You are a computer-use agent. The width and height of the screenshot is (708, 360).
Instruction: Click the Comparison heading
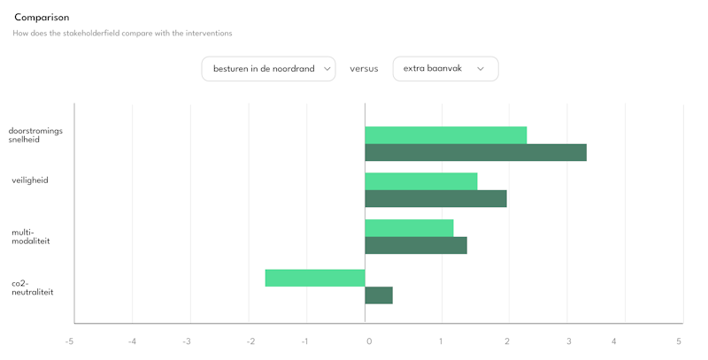click(x=42, y=18)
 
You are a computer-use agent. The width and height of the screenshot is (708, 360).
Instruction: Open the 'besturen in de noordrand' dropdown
click(x=268, y=69)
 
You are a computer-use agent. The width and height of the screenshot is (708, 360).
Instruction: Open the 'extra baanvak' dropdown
click(x=445, y=69)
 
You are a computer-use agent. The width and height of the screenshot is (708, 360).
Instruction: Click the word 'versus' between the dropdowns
click(x=364, y=69)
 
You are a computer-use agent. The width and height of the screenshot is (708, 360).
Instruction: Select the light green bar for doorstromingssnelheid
click(x=445, y=135)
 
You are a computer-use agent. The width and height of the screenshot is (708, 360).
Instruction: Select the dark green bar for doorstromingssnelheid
click(x=475, y=152)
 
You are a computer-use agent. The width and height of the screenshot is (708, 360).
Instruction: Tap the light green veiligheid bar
click(x=420, y=181)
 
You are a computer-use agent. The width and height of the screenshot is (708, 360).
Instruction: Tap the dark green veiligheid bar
click(x=435, y=198)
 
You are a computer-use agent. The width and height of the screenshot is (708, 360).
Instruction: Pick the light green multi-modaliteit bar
click(x=409, y=228)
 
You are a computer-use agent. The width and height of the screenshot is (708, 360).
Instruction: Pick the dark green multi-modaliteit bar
click(x=415, y=245)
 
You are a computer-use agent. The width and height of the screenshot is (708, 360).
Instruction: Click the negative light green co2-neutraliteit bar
click(x=315, y=278)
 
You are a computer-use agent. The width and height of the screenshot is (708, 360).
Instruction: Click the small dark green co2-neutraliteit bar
click(x=379, y=295)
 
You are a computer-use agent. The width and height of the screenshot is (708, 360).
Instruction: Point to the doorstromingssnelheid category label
click(x=30, y=134)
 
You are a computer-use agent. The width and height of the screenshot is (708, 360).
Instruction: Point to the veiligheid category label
click(x=30, y=180)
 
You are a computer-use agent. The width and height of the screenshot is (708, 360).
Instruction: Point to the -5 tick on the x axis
click(x=69, y=341)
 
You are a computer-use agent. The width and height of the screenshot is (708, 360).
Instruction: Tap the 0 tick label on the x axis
click(x=368, y=341)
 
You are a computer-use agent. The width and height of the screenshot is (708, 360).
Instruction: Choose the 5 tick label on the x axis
click(x=679, y=341)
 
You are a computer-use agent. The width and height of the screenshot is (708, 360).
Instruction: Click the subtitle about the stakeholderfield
click(x=122, y=34)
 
